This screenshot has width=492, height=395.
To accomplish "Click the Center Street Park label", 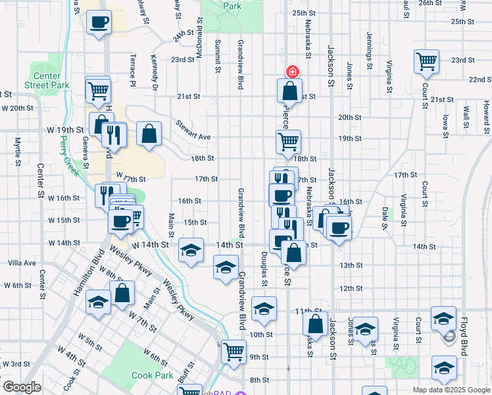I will pos(47,80).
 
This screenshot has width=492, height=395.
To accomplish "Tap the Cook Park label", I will pos(152,375).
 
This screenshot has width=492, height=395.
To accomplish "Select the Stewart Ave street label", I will pos(193,129).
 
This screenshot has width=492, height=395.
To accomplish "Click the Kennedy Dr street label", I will pos(156,72).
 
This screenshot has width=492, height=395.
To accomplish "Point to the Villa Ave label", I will pos(22,263).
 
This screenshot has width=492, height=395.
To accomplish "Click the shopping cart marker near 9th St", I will pos(234,351).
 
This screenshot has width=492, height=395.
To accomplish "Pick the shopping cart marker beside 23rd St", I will pos(427,62).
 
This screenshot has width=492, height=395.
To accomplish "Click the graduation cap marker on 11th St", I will pos(264,309).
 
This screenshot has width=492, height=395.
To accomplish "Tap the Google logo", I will pos(21,387).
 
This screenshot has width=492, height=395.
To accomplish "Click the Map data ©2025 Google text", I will pos(450,390).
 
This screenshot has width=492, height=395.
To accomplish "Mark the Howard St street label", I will pos(485,114).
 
